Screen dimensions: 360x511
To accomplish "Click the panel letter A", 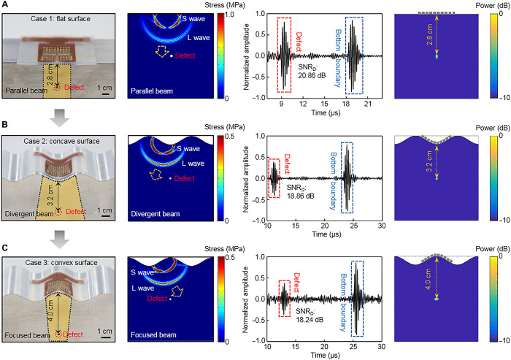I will tap(6, 6).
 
